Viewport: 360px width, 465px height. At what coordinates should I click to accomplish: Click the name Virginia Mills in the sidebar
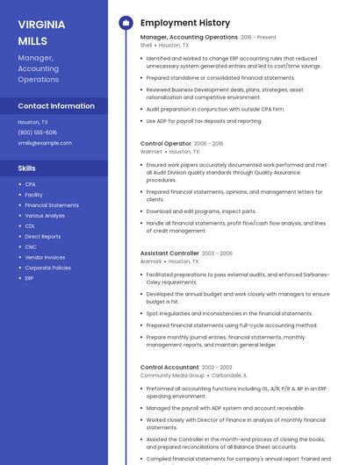tap(40, 32)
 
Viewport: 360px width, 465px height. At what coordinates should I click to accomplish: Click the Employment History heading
tap(185, 23)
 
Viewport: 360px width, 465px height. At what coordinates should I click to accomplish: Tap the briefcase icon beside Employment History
tap(126, 23)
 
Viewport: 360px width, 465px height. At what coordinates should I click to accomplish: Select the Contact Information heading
tap(56, 106)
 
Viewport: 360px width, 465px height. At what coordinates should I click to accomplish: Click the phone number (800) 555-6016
tap(37, 132)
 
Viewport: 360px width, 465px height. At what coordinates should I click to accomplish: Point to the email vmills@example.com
tap(45, 143)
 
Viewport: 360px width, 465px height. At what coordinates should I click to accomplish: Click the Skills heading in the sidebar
tap(27, 168)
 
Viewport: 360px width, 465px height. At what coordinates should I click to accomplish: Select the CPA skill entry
tap(30, 184)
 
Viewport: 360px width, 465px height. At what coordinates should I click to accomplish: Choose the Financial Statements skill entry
tap(52, 205)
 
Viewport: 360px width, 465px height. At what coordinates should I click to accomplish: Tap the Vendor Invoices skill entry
tap(45, 257)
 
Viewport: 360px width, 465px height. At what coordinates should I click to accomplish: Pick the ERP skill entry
tap(29, 278)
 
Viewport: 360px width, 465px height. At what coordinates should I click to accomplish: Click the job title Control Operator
tap(165, 143)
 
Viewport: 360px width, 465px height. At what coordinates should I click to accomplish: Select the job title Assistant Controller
tap(169, 254)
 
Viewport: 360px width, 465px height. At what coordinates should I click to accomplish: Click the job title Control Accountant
tap(169, 367)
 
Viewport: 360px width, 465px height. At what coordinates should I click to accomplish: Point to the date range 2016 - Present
tap(258, 38)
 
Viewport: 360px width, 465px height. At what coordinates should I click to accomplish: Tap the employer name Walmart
tap(151, 151)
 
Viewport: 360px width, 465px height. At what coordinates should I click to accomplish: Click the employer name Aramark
tap(151, 261)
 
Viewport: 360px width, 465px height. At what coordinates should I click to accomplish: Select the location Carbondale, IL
tap(229, 375)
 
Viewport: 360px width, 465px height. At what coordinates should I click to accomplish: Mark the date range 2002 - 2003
tap(217, 368)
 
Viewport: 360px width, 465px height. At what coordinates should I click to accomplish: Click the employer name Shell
tap(146, 45)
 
